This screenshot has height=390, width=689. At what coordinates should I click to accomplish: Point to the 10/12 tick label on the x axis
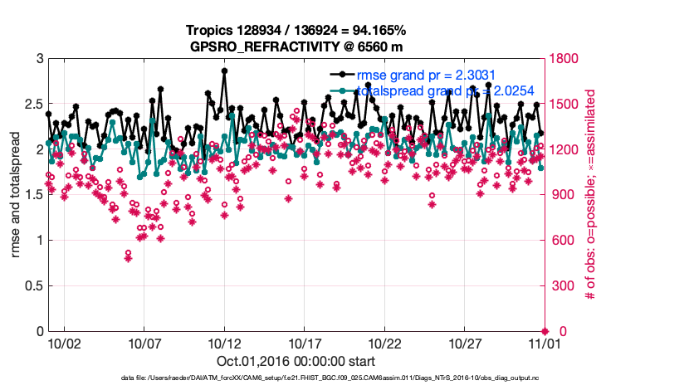click(224, 342)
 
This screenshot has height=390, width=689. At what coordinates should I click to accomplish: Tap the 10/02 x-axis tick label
click(64, 342)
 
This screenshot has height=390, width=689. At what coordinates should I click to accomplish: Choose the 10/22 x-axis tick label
click(384, 342)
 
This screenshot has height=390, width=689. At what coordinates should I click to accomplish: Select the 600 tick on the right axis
click(560, 241)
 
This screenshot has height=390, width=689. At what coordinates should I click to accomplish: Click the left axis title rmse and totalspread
click(16, 194)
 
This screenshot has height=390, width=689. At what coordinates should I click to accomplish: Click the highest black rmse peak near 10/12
click(224, 71)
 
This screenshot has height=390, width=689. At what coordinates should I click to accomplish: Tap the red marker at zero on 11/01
click(545, 331)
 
